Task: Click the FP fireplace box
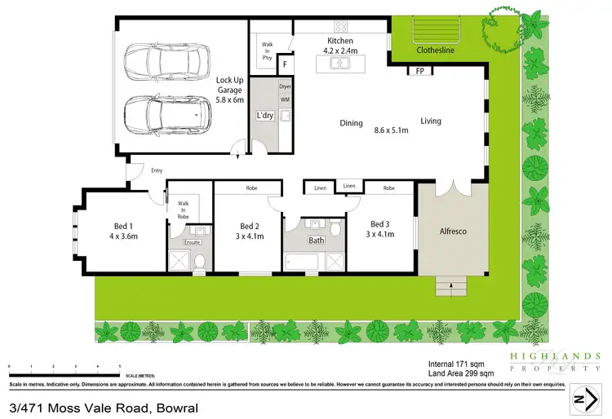(419, 71)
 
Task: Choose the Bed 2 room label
(250, 232)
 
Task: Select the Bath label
(316, 240)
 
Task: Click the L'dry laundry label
(264, 116)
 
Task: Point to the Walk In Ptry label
(267, 51)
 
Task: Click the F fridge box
(285, 64)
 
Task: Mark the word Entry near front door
(157, 170)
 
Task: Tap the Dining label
(352, 123)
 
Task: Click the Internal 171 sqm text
(455, 364)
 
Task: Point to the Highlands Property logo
(555, 362)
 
